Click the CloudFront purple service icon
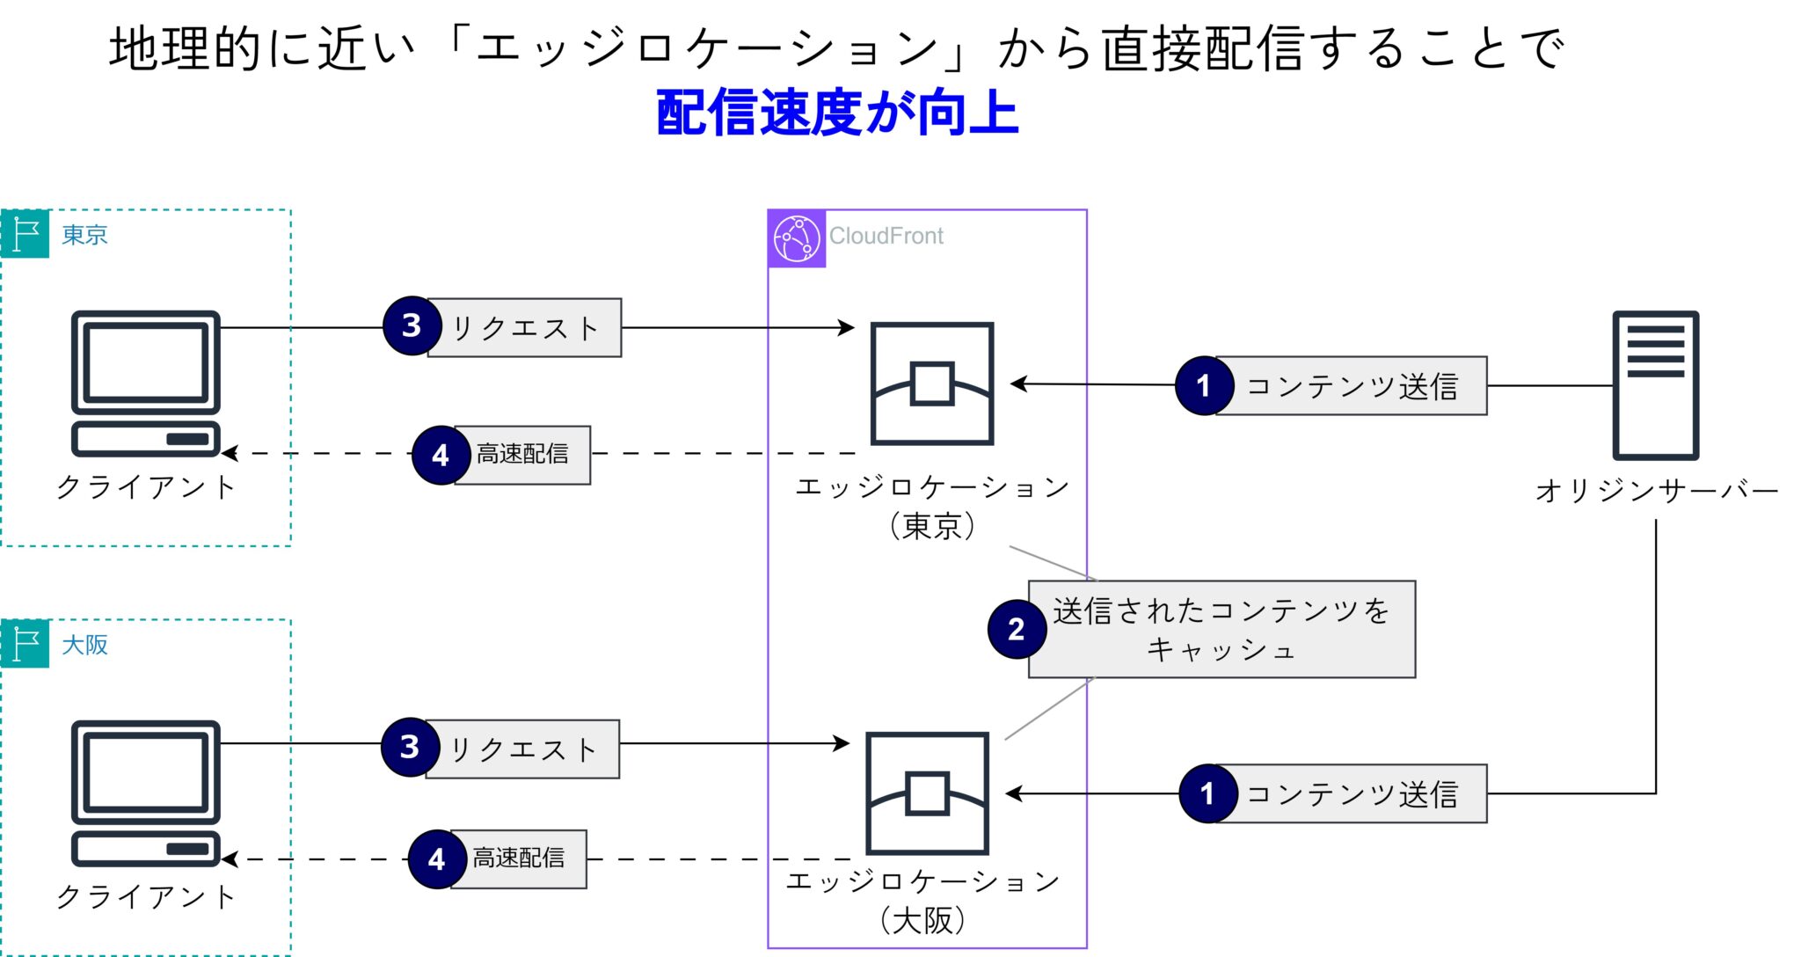(x=797, y=238)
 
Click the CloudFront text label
(x=886, y=236)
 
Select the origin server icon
(x=1654, y=385)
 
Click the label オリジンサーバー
(x=1656, y=490)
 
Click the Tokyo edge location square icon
(x=931, y=384)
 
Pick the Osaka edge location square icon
(x=927, y=793)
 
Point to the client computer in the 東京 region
(x=145, y=384)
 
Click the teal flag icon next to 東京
(x=26, y=234)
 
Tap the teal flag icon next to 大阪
(x=26, y=644)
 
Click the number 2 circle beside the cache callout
(x=1017, y=629)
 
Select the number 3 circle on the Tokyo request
(x=412, y=326)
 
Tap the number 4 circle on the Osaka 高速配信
(x=437, y=859)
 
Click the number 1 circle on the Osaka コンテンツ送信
(x=1207, y=793)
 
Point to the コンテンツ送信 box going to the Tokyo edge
(x=1352, y=385)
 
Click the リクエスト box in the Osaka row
(x=523, y=749)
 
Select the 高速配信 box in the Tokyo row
(x=522, y=454)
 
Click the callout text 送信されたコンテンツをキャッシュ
(x=1221, y=629)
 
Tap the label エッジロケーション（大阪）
(x=923, y=900)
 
